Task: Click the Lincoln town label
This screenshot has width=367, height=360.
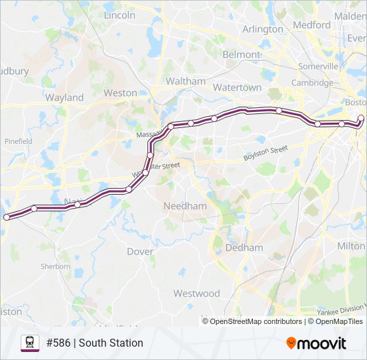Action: point(119,15)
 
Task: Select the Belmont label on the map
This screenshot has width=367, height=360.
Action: point(241,54)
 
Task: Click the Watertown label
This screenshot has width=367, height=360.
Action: point(237,87)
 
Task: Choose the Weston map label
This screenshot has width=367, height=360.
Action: point(120,93)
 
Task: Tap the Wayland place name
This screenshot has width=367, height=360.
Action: point(64,97)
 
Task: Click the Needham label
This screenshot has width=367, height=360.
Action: point(185,206)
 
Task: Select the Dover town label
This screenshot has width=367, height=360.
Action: point(140,251)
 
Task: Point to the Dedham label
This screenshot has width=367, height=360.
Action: point(244,247)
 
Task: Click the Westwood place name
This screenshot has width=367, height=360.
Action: point(196,293)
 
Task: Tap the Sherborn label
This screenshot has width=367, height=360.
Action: point(55,266)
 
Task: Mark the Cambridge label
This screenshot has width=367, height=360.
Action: point(312,83)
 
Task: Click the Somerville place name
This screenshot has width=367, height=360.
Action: point(318,67)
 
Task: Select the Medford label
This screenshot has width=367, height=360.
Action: point(311,25)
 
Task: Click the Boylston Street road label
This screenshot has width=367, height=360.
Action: point(265,153)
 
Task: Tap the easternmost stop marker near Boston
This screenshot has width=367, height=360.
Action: point(361,119)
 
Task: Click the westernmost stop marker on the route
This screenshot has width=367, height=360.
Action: point(7,217)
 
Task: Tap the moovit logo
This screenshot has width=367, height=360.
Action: point(316,343)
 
